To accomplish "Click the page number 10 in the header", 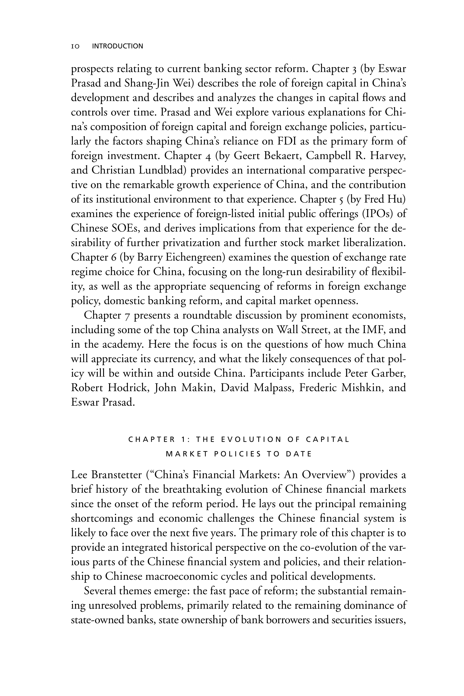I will tap(76, 46).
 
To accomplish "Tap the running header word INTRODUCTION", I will tap(117, 46).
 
